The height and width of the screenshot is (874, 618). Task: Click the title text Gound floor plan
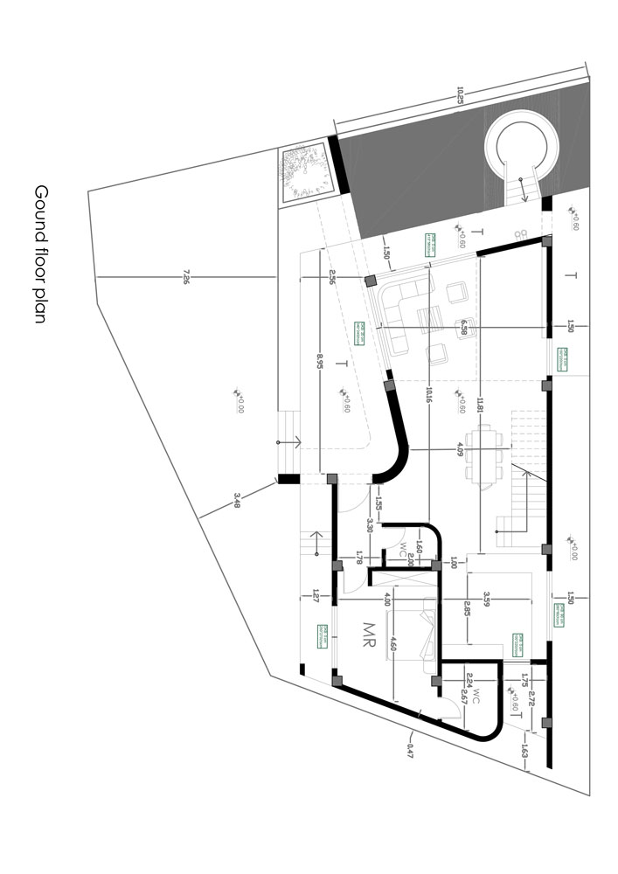pyautogui.click(x=40, y=253)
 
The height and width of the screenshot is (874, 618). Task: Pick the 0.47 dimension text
pyautogui.click(x=409, y=748)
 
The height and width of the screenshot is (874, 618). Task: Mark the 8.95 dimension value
pyautogui.click(x=320, y=362)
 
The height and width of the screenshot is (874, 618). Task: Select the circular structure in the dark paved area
pyautogui.click(x=521, y=145)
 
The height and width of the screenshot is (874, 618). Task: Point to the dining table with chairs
pyautogui.click(x=482, y=453)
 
